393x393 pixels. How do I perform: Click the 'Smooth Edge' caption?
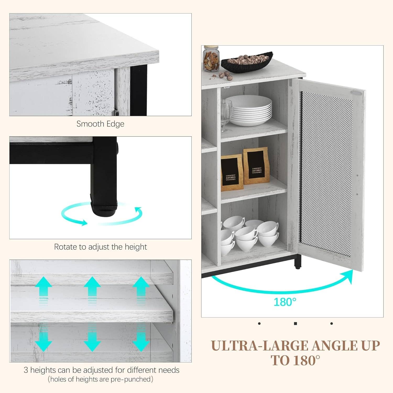pyautogui.click(x=100, y=124)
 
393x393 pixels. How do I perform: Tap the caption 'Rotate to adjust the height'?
pyautogui.click(x=100, y=247)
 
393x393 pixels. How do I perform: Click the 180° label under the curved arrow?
pyautogui.click(x=285, y=302)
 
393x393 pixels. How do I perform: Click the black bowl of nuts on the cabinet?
pyautogui.click(x=247, y=62)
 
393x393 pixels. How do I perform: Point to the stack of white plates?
pyautogui.click(x=248, y=111)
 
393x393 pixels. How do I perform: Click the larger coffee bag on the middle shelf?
pyautogui.click(x=256, y=166)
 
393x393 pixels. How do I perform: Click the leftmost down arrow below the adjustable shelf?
pyautogui.click(x=43, y=341)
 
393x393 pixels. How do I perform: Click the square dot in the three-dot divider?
pyautogui.click(x=296, y=324)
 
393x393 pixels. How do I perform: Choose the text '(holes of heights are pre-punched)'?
pyautogui.click(x=100, y=379)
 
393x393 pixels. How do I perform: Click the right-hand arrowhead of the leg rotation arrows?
pyautogui.click(x=138, y=211)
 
